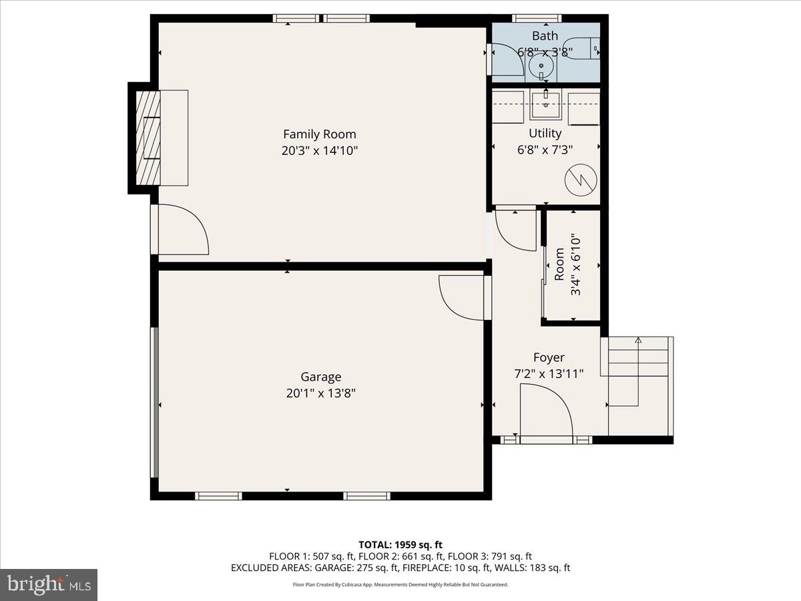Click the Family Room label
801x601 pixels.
pos(319,134)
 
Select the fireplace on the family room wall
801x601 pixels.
pos(148,138)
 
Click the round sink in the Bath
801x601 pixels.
pos(541,66)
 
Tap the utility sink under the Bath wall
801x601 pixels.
pos(546,102)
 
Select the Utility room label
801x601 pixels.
pos(545,134)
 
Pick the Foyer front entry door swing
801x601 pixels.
pos(546,414)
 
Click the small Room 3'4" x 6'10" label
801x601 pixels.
pos(568,265)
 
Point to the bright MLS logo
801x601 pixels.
pos(49,584)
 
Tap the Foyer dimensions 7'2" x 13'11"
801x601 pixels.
pos(549,374)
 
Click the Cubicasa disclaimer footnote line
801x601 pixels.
pos(400,584)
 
